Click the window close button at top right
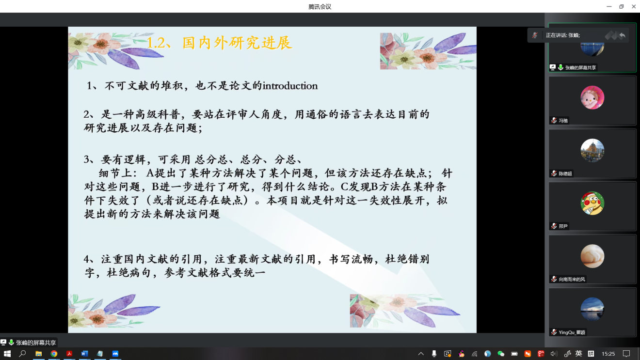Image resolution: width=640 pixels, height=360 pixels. [x=633, y=6]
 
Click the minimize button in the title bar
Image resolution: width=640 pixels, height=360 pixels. [x=609, y=6]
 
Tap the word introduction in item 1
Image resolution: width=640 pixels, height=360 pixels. [x=290, y=86]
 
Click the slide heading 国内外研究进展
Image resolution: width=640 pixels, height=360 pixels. [x=237, y=43]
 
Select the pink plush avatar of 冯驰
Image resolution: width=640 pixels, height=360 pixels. [x=592, y=97]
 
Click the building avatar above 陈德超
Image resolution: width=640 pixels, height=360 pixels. [x=592, y=151]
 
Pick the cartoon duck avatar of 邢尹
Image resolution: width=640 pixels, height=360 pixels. [x=592, y=203]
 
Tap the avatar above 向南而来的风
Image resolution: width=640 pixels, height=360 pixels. [x=592, y=256]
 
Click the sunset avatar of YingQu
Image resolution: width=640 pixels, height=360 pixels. [x=592, y=309]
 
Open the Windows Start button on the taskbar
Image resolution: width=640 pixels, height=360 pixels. [x=7, y=354]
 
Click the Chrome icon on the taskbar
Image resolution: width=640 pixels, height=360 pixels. [x=54, y=354]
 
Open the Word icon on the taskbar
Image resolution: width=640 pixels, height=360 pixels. [x=84, y=354]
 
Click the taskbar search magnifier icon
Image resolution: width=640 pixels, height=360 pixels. [x=23, y=354]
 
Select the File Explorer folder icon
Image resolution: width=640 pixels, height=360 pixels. [x=39, y=354]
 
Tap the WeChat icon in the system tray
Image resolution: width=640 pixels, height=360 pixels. [x=501, y=354]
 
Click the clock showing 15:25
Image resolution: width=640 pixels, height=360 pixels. [x=608, y=354]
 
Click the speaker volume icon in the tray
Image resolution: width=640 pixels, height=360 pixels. [x=553, y=354]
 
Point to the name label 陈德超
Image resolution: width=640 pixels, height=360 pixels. [x=565, y=173]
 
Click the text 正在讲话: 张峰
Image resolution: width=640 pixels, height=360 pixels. [x=563, y=35]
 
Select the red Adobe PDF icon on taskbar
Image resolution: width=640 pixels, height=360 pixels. [x=69, y=354]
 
